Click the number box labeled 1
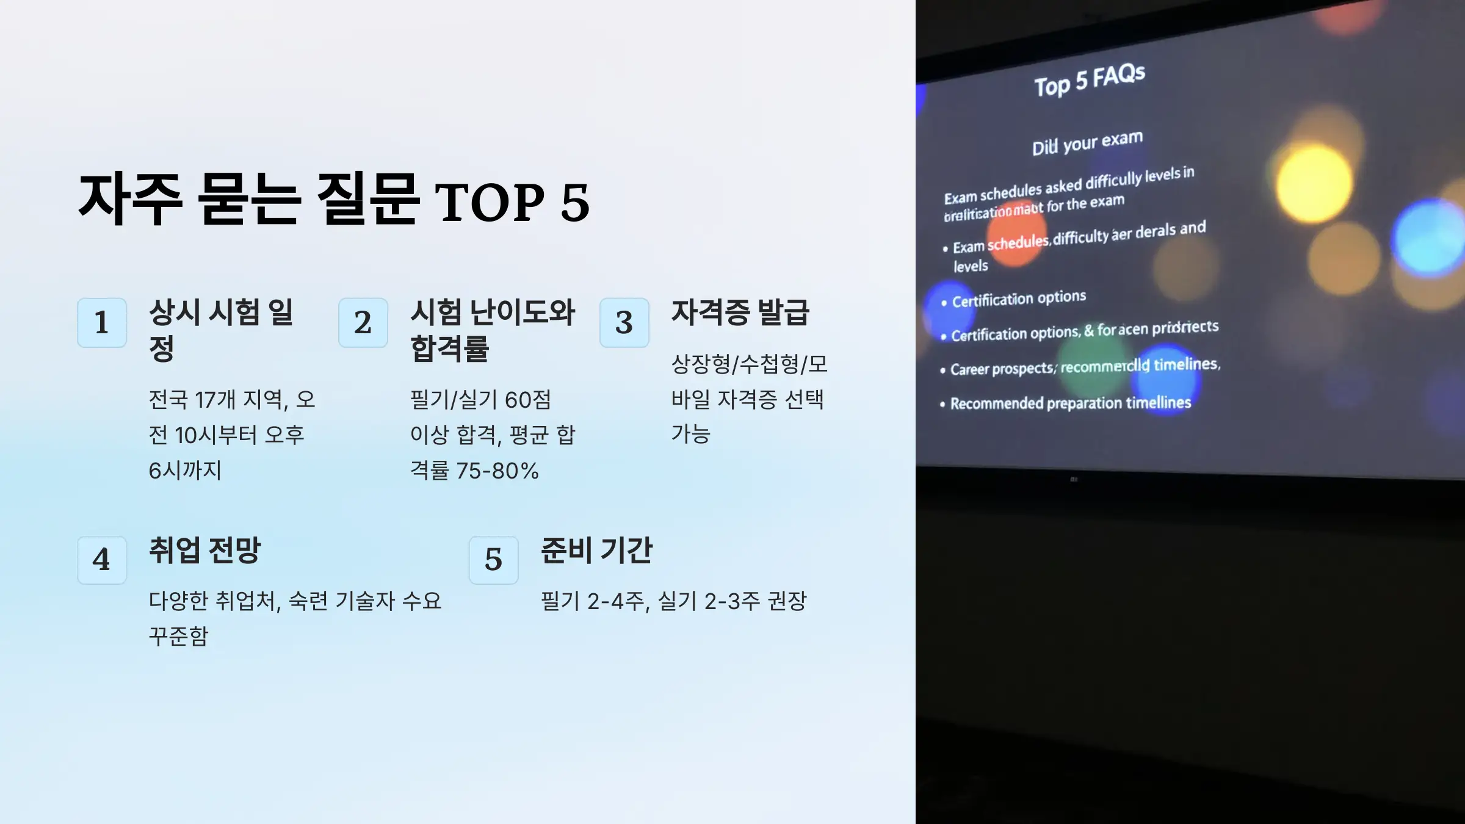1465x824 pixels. click(x=102, y=322)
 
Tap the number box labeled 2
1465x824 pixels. click(x=363, y=322)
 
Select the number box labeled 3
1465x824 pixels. click(x=624, y=322)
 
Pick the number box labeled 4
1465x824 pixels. click(x=102, y=560)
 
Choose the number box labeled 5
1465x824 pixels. click(x=493, y=560)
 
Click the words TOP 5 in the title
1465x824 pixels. click(x=512, y=203)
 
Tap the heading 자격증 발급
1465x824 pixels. click(x=740, y=313)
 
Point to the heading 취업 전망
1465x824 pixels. click(x=204, y=550)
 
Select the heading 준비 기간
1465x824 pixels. click(x=596, y=550)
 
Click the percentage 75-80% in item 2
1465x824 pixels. click(x=497, y=471)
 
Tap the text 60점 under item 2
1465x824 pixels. click(x=528, y=400)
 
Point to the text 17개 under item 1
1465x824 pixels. click(x=215, y=400)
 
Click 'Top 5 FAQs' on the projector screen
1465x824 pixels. click(x=1090, y=80)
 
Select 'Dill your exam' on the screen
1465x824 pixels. click(x=1087, y=143)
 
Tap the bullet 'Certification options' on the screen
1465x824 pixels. click(x=1019, y=299)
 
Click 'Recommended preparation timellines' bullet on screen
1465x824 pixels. click(x=1070, y=403)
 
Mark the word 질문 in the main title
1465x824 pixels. click(x=367, y=199)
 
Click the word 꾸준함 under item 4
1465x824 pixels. click(x=178, y=636)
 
